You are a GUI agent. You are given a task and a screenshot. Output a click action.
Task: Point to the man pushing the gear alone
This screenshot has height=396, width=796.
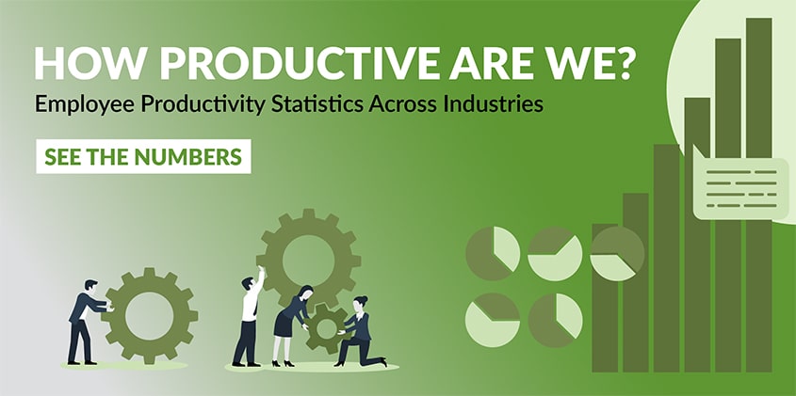pos(85,322)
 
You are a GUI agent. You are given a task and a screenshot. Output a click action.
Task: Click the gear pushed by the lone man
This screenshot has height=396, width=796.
pos(149,315)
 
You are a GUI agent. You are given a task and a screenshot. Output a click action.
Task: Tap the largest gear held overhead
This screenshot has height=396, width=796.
pos(308,261)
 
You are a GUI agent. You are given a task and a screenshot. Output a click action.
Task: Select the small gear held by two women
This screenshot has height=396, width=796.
pos(326,328)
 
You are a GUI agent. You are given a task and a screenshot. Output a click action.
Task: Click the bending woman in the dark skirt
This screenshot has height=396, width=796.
pos(291,325)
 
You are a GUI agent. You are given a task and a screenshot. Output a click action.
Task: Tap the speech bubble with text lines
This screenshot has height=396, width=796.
pos(740,184)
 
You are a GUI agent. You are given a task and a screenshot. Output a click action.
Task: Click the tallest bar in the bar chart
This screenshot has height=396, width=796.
pos(759,195)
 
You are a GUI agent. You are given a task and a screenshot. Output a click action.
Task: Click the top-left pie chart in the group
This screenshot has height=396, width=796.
pos(493,254)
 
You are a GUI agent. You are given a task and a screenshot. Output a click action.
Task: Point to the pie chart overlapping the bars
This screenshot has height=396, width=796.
pos(617,254)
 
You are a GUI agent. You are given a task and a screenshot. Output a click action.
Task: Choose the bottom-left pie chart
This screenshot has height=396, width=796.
pos(493,320)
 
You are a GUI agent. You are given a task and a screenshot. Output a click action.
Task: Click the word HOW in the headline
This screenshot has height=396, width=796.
pos(86,64)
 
